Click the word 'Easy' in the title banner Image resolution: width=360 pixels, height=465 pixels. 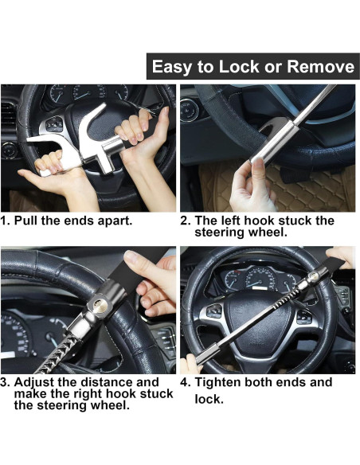coord(172,67)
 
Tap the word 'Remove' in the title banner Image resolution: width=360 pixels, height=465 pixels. coord(319,67)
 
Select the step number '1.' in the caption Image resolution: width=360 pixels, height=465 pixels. coord(6,221)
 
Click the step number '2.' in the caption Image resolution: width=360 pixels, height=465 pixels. coord(185,221)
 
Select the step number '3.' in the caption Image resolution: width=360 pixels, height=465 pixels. coord(6,382)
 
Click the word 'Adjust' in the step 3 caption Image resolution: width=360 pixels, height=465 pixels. coord(37,382)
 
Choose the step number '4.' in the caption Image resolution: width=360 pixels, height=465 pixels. coord(185,382)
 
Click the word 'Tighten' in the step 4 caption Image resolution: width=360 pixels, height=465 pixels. coord(220,382)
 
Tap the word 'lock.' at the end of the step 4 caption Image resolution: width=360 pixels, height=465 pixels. coord(209,399)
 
